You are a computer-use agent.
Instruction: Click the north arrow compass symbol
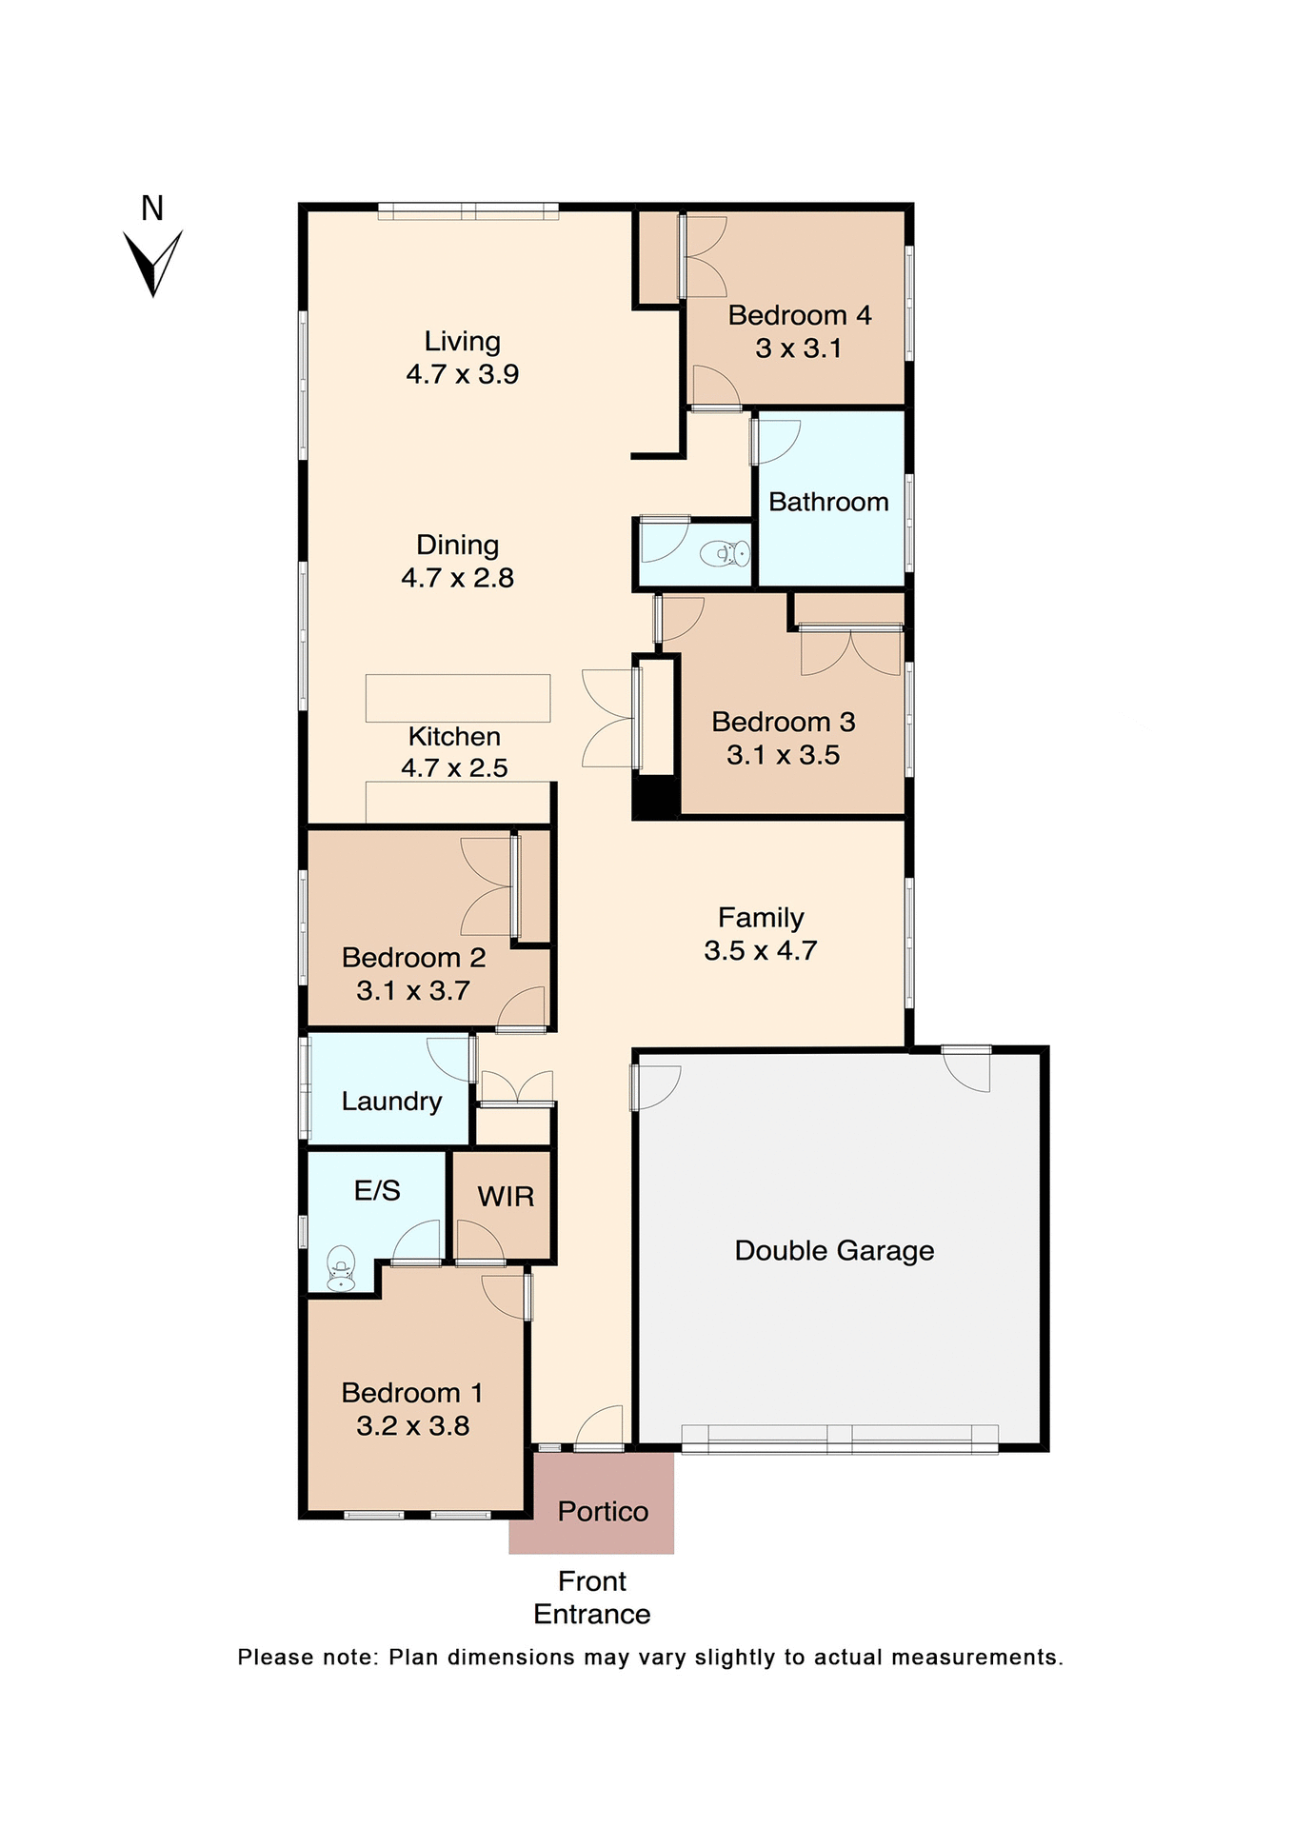152,262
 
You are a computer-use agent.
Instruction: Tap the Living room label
462,341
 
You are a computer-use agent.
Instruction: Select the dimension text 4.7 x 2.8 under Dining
457,578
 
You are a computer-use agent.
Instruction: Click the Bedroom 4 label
799,315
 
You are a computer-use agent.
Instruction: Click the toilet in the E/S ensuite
341,1269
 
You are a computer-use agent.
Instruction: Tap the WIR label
506,1197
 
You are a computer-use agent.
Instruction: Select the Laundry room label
391,1102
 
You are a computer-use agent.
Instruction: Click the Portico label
603,1512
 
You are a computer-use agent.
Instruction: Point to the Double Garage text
834,1251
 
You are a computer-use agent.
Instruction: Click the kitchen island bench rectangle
458,698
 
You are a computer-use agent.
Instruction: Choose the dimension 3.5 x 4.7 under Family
760,951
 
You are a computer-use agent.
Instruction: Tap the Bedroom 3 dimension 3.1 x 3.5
783,755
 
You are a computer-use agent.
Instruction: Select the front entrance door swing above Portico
601,1428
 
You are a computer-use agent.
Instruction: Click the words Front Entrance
591,1598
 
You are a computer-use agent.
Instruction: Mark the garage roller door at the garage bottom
840,1440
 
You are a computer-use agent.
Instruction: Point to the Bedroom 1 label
411,1393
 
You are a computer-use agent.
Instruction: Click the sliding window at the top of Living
467,211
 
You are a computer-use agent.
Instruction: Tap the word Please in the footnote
275,1658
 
